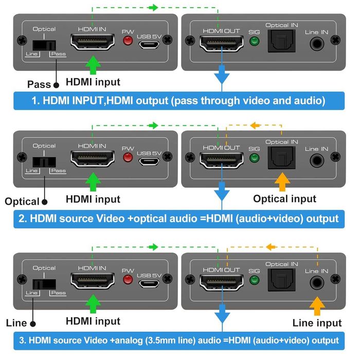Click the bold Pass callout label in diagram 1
(x=39, y=84)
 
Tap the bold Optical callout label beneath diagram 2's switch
(x=22, y=202)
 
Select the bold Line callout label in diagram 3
(x=16, y=323)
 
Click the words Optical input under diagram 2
(x=284, y=199)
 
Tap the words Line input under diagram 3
(x=317, y=322)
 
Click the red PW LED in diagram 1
(x=128, y=41)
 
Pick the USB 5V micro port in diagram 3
(x=149, y=282)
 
